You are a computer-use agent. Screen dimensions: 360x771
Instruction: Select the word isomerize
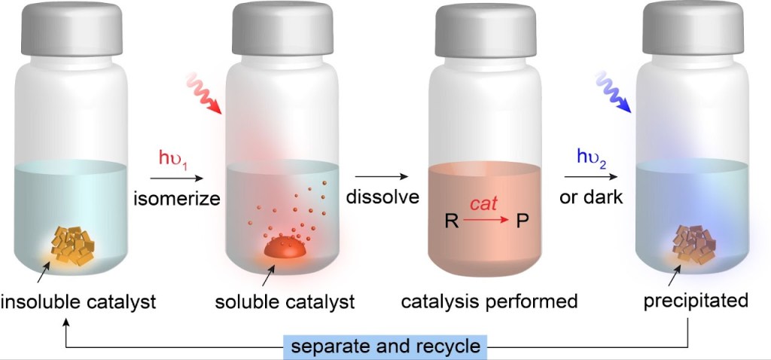point(176,199)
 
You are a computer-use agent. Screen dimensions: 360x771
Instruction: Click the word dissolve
point(382,199)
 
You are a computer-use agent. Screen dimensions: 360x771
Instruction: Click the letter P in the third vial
point(521,222)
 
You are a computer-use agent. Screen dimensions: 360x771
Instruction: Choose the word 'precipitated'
point(696,302)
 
